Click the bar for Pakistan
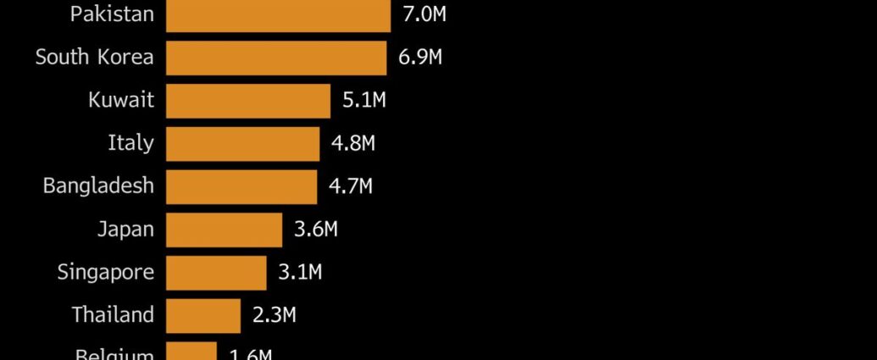click(x=278, y=15)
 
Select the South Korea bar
click(x=276, y=58)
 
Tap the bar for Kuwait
click(x=247, y=101)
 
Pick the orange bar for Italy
click(x=242, y=143)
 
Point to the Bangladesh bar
click(x=241, y=186)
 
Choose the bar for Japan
click(x=224, y=230)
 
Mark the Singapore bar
click(x=216, y=273)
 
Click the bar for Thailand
click(x=203, y=316)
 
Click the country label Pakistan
click(x=112, y=14)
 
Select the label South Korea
click(x=94, y=58)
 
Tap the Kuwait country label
click(x=121, y=100)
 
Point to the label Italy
click(x=130, y=143)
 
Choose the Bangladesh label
click(x=98, y=186)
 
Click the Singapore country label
click(x=106, y=272)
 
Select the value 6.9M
click(x=420, y=58)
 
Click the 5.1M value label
click(x=364, y=100)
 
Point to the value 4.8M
click(x=353, y=143)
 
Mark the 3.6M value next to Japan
click(x=316, y=230)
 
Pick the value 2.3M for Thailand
click(x=275, y=316)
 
